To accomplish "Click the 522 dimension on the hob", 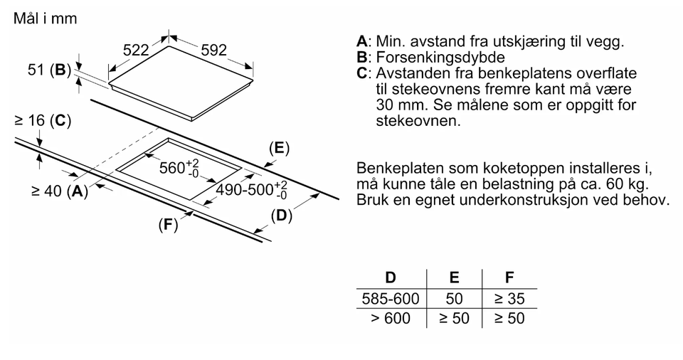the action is click(x=136, y=50).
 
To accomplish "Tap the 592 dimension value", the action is click(x=214, y=50).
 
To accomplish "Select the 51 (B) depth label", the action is click(x=49, y=70).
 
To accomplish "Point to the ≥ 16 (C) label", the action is click(x=43, y=120).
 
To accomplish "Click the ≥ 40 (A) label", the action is click(x=60, y=191).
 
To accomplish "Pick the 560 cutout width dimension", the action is click(x=179, y=167).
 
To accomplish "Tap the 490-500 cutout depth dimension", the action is click(x=252, y=190).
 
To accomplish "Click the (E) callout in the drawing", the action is click(x=279, y=148).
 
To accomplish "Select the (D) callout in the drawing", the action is click(x=282, y=216).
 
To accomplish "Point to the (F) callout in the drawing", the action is click(x=168, y=225).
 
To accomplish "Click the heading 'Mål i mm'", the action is click(x=46, y=18).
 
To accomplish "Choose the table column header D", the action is click(x=391, y=277).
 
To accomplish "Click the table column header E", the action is click(x=454, y=277).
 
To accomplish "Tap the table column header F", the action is click(x=509, y=277).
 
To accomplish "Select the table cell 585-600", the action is click(x=391, y=299).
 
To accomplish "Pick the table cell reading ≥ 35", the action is click(x=509, y=299).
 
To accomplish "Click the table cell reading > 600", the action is click(x=391, y=318).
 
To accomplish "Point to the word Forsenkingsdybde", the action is click(x=440, y=58).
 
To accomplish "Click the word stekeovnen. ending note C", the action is click(x=418, y=121).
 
